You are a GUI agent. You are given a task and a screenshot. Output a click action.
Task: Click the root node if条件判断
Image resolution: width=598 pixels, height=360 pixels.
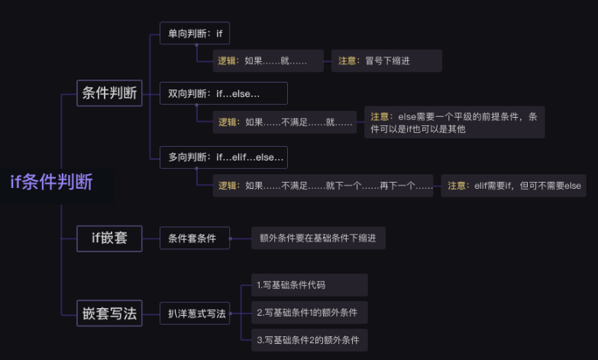pos(52,182)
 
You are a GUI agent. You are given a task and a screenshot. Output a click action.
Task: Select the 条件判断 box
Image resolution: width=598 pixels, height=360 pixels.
pos(109,93)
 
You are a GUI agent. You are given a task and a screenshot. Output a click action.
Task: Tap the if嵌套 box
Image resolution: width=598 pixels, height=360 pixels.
pos(109,238)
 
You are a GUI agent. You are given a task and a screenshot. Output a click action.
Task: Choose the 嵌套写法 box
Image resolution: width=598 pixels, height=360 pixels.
pos(109,313)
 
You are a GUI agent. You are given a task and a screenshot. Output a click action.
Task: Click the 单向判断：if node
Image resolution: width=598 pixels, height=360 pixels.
pos(194,34)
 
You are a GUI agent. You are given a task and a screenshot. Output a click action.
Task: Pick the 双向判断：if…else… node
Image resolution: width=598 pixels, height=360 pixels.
pos(223,93)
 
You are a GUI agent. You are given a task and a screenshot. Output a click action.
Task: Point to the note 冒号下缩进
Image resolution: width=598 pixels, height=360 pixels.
pos(386,61)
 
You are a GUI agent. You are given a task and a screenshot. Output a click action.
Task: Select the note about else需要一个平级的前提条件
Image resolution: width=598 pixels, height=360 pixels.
pos(454,122)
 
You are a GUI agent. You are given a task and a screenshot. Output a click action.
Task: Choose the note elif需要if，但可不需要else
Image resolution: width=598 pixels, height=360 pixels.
pos(514,186)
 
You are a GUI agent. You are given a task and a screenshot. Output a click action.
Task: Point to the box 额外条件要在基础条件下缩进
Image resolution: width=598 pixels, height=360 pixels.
pos(318,238)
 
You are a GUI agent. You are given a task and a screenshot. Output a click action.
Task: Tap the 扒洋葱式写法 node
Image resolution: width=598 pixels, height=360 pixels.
pos(197,313)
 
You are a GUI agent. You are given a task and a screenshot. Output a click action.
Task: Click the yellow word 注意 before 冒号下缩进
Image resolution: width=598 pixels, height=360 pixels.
pos(348,61)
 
